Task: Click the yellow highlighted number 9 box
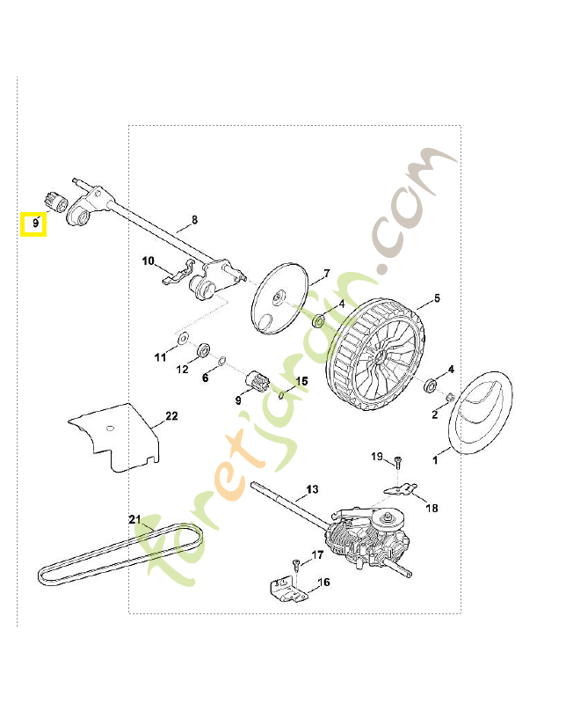tap(33, 224)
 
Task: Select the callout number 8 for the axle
tap(194, 219)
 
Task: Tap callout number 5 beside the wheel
tap(437, 299)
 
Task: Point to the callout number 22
tap(171, 415)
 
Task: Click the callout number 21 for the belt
tap(134, 518)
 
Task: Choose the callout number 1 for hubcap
tap(432, 458)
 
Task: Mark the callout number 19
tap(376, 456)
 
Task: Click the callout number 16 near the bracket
tap(323, 582)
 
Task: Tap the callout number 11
tap(160, 357)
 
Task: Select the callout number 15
tap(301, 382)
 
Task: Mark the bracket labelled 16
tap(286, 588)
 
